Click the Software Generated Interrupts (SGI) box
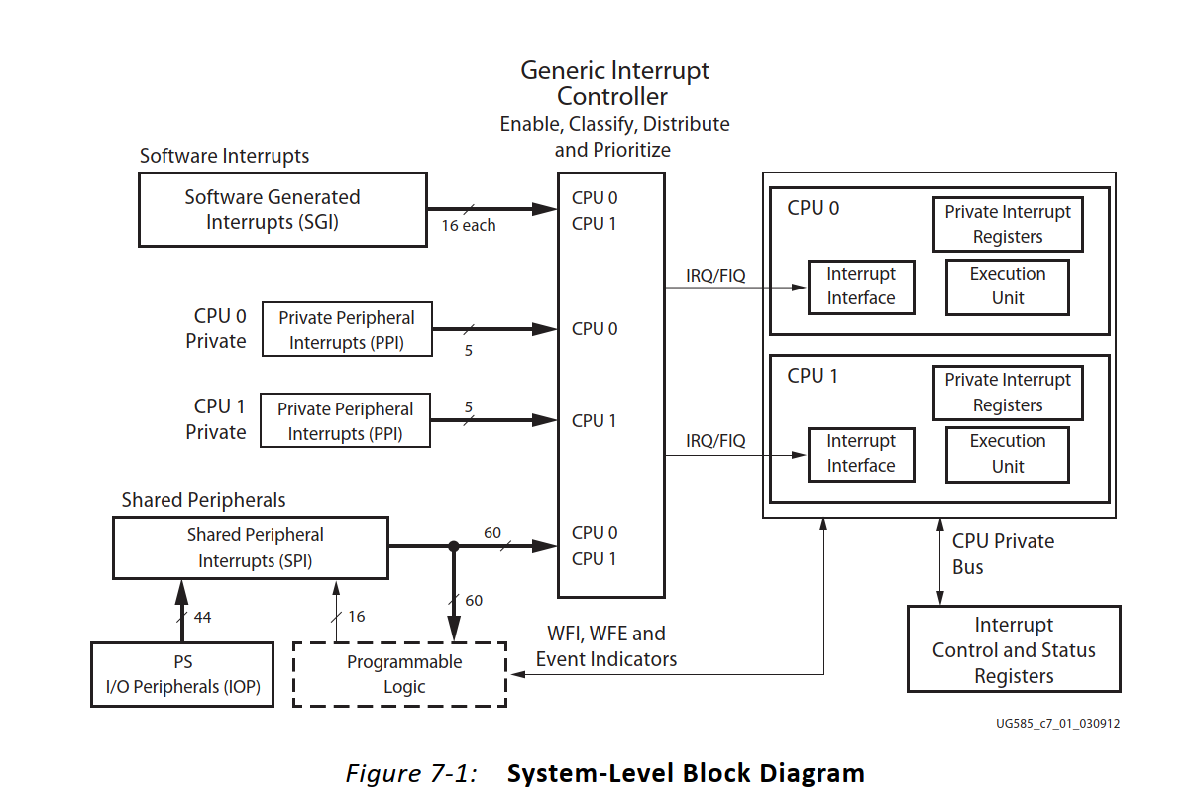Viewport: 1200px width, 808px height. coord(281,209)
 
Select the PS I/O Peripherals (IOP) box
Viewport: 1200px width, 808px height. coord(182,674)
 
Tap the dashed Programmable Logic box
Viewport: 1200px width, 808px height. coord(399,674)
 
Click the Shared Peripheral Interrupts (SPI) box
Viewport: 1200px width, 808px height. coord(250,548)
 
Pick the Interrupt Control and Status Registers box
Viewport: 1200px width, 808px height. coord(1014,650)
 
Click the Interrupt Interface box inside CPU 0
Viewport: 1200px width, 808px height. coord(860,287)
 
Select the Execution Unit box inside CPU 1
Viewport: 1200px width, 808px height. coord(1007,454)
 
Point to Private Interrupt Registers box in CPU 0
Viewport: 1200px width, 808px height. coord(1007,224)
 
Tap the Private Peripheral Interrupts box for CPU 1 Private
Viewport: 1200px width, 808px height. coord(345,421)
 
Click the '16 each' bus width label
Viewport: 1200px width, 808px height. coord(469,226)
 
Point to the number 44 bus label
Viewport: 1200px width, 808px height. coord(202,617)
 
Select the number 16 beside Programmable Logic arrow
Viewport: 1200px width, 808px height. coord(357,617)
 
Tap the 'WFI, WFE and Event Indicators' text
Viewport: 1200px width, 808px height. coord(606,646)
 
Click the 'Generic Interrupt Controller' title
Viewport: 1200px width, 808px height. coord(614,83)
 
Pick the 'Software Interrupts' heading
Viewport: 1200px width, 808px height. coord(224,156)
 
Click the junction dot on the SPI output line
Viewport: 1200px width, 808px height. coord(454,545)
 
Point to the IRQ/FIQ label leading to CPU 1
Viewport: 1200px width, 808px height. coord(715,441)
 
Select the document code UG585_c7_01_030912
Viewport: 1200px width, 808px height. coord(1057,724)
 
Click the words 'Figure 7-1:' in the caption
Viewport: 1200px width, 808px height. coord(410,773)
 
